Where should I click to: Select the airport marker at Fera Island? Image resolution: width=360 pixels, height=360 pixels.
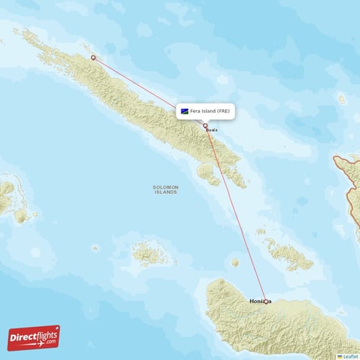click(x=205, y=126)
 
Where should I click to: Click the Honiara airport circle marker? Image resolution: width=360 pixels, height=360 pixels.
click(x=266, y=302)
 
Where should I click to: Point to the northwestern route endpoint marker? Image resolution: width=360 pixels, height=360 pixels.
click(x=93, y=58)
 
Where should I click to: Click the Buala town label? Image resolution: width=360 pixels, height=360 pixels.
click(x=211, y=130)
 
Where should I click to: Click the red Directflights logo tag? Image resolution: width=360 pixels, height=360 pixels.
click(x=33, y=337)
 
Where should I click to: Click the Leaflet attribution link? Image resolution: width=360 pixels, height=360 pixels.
click(x=351, y=356)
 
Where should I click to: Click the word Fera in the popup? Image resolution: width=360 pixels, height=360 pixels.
click(x=197, y=112)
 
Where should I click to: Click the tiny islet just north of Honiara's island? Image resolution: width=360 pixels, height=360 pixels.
click(x=235, y=263)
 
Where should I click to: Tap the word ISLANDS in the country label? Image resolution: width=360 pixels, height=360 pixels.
click(x=166, y=193)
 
